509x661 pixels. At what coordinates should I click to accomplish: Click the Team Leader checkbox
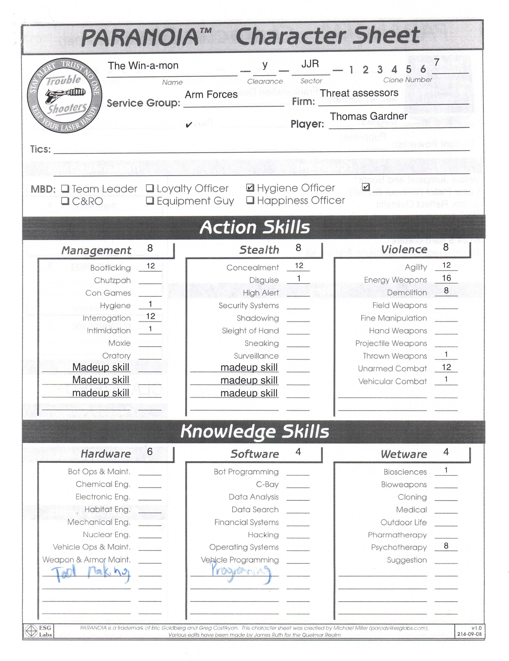pyautogui.click(x=65, y=189)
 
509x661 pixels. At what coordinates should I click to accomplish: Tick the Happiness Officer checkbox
pyautogui.click(x=250, y=200)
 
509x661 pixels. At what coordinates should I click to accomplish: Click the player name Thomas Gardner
pyautogui.click(x=368, y=116)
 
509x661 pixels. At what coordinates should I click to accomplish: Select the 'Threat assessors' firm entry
pyautogui.click(x=359, y=93)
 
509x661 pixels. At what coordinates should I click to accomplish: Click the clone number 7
pyautogui.click(x=436, y=62)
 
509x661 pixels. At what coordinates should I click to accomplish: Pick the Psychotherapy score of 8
pyautogui.click(x=446, y=545)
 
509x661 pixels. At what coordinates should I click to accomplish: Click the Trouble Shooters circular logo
pyautogui.click(x=64, y=95)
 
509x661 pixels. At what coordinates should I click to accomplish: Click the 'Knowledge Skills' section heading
pyautogui.click(x=254, y=431)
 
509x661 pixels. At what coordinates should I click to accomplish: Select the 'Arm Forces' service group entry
pyautogui.click(x=211, y=95)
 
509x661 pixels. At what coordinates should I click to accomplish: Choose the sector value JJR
pyautogui.click(x=310, y=64)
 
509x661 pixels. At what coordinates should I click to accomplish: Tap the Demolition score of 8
pyautogui.click(x=446, y=290)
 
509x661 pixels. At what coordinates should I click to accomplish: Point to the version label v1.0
pyautogui.click(x=476, y=628)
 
